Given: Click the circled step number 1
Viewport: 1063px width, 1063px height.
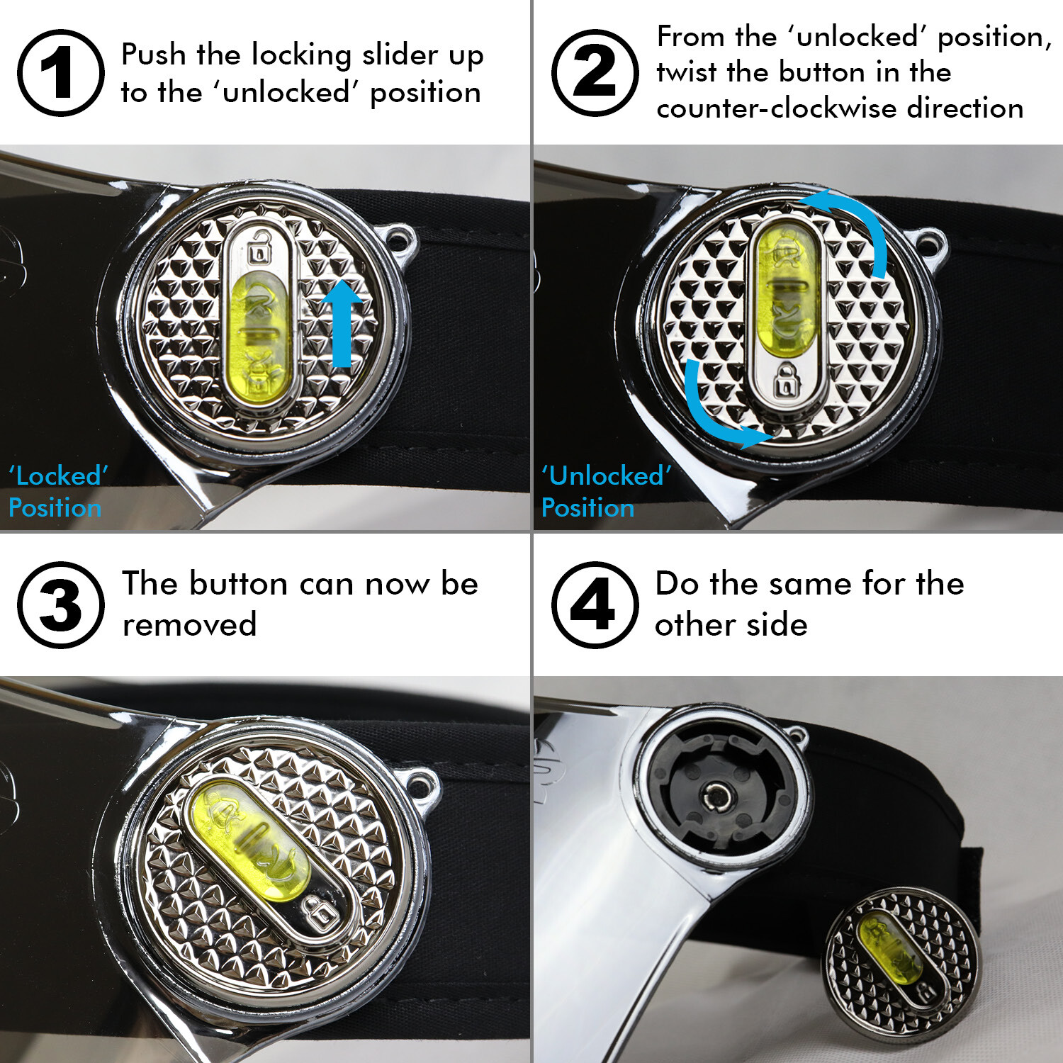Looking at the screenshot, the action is click(x=61, y=72).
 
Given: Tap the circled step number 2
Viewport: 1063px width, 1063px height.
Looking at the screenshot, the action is click(x=595, y=72).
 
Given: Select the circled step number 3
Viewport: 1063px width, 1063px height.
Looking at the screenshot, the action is click(x=61, y=604).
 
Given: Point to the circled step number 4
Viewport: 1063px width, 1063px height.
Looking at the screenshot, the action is click(x=595, y=604).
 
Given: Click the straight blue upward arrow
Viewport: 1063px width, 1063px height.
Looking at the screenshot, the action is click(x=342, y=322).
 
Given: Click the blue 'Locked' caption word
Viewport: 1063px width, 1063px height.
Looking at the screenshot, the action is click(x=58, y=476).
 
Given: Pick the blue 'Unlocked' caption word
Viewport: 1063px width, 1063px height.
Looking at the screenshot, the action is click(x=607, y=476).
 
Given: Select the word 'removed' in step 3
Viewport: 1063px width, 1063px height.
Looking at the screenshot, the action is click(x=189, y=625).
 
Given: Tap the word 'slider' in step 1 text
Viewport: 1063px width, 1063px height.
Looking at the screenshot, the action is click(x=400, y=55).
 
